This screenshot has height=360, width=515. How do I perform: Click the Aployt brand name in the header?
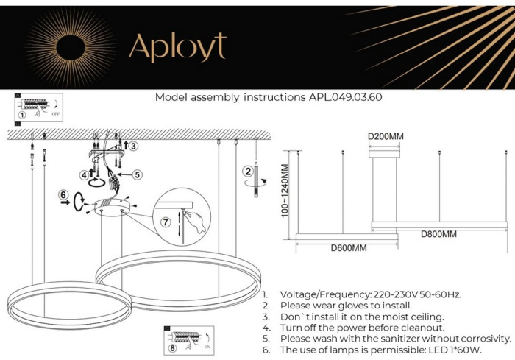click(177, 47)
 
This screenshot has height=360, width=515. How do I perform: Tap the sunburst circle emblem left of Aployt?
click(71, 45)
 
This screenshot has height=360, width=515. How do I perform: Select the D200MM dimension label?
click(385, 137)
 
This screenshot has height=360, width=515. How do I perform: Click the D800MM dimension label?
click(438, 234)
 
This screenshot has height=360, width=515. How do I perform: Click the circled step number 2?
click(247, 172)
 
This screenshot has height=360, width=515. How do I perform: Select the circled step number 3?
click(132, 147)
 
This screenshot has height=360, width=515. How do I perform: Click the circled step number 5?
click(137, 174)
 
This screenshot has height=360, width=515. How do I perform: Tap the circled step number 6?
click(64, 196)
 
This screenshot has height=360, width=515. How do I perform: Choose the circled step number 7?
click(166, 221)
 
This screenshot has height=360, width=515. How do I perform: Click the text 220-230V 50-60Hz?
click(418, 294)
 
